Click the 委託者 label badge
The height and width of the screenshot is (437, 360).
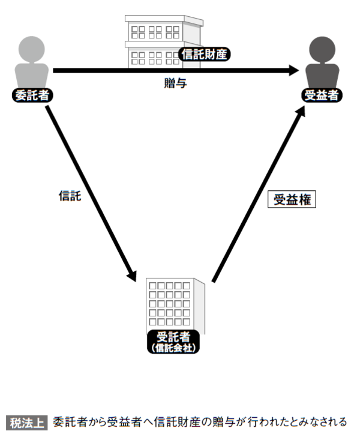(30, 95)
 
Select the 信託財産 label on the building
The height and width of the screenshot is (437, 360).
(205, 55)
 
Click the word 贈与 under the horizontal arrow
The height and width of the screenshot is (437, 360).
(175, 83)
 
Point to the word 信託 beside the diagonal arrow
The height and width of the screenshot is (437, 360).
(70, 196)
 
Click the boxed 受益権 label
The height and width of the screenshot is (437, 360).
(292, 200)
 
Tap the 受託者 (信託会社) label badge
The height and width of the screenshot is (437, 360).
(173, 340)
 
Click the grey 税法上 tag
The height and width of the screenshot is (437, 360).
(27, 421)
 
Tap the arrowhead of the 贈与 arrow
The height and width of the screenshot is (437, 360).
(293, 70)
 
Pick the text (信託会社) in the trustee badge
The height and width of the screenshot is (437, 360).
(173, 347)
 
